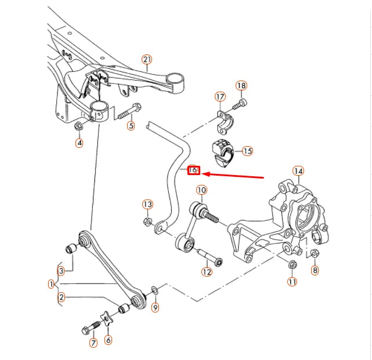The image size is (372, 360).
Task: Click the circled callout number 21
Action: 146,59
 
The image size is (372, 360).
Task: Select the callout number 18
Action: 241,86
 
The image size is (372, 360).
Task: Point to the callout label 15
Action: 248,151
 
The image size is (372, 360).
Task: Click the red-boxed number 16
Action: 194,170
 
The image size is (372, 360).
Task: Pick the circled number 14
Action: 298,171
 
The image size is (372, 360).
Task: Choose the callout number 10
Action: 201,190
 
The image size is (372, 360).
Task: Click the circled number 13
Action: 147,204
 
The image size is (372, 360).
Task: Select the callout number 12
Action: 207,271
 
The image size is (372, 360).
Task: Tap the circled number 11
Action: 292,282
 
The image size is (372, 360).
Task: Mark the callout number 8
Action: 315,270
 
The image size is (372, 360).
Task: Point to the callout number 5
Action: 131,125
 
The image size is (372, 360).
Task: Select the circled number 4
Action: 80,143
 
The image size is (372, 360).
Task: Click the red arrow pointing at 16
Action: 232,174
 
